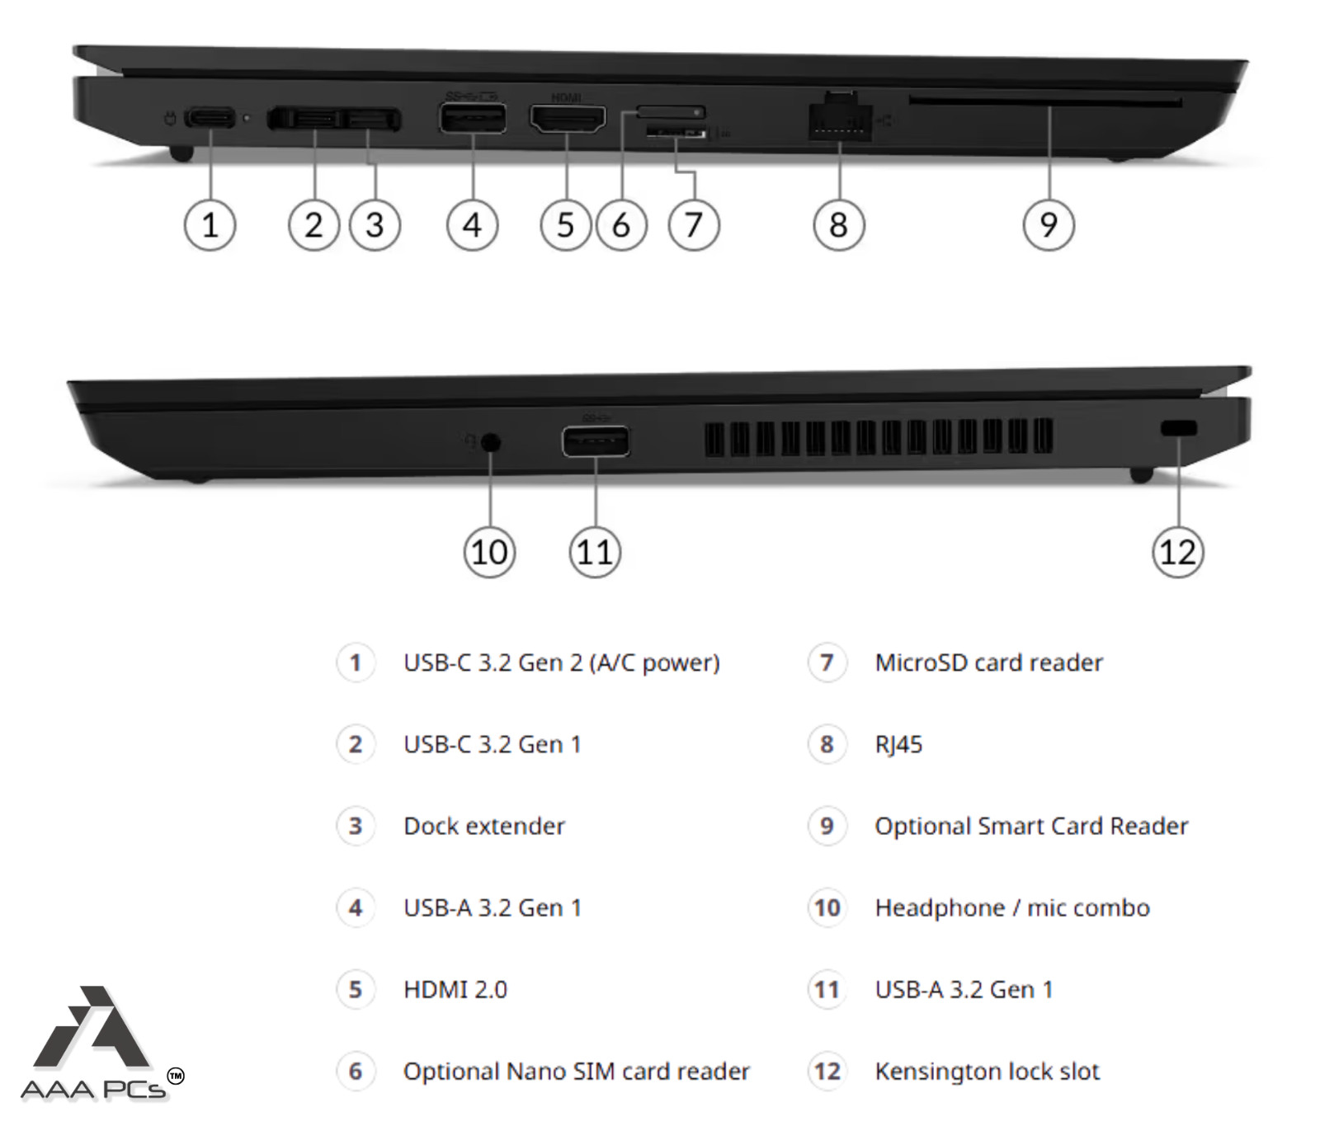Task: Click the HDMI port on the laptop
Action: tap(567, 119)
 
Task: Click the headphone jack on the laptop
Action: tap(491, 442)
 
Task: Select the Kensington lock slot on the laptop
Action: tap(1178, 428)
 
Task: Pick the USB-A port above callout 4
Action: tap(472, 118)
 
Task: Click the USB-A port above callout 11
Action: tap(596, 441)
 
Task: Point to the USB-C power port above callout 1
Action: tap(210, 117)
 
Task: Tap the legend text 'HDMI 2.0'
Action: tap(455, 989)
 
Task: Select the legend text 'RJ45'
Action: tap(898, 744)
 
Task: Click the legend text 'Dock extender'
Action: tap(484, 826)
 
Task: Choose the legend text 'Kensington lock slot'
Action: tap(988, 1071)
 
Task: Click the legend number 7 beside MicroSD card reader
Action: tap(827, 662)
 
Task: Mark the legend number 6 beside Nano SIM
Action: tap(356, 1071)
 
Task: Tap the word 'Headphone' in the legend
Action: tap(940, 907)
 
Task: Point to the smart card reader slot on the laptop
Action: tap(1045, 101)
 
